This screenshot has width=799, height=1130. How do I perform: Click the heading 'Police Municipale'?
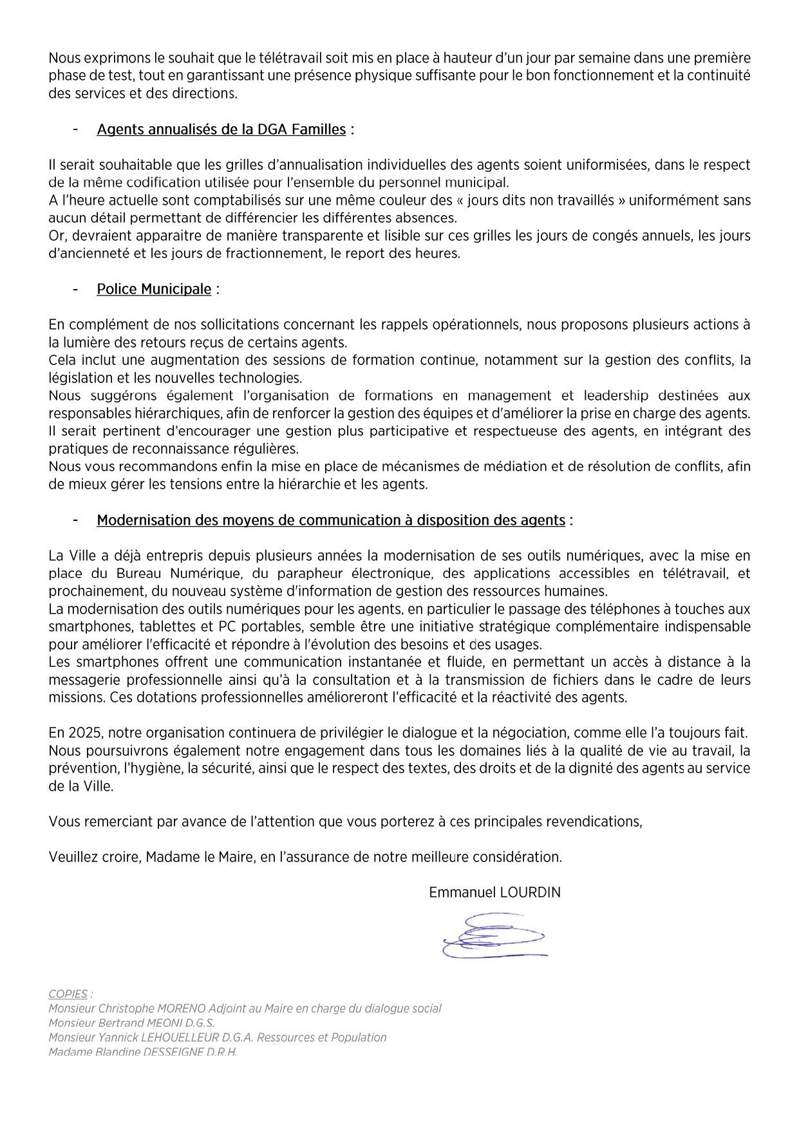pyautogui.click(x=154, y=289)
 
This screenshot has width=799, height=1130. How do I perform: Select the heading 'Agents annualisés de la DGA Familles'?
pyautogui.click(x=221, y=129)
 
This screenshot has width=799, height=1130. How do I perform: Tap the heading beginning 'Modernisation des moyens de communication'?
pyautogui.click(x=331, y=520)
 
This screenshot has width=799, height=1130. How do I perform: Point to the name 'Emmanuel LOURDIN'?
pyautogui.click(x=494, y=892)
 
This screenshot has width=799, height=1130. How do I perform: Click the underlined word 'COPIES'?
pyautogui.click(x=68, y=994)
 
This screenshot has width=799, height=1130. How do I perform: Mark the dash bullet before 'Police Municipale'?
pyautogui.click(x=76, y=289)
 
